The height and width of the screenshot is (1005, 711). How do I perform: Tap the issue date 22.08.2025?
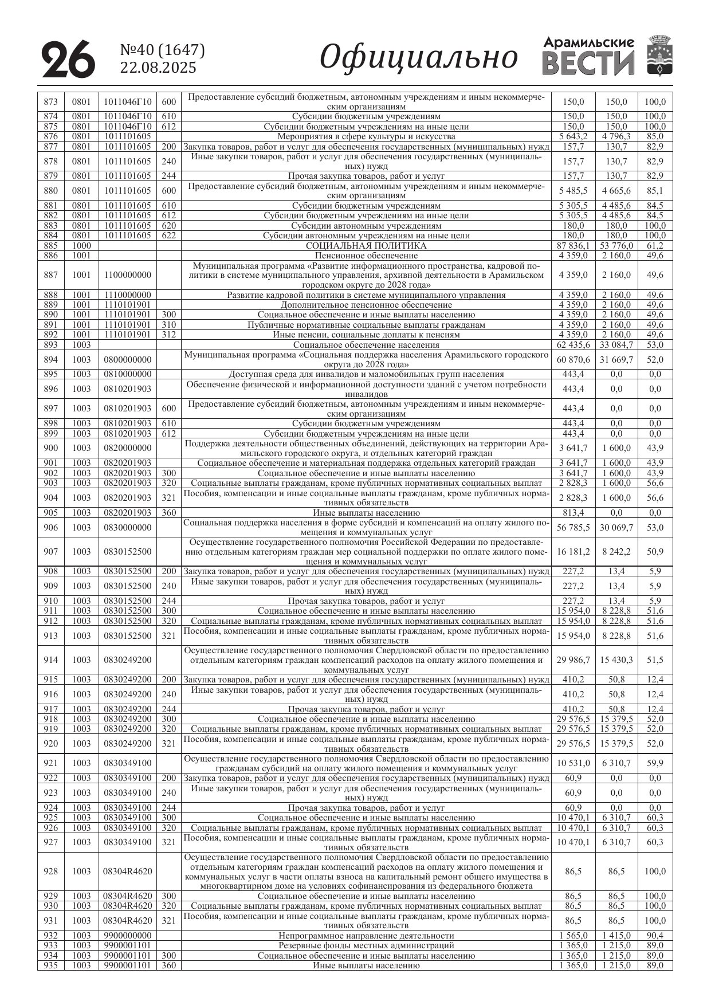click(x=158, y=68)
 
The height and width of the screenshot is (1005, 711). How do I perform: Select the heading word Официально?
click(x=418, y=57)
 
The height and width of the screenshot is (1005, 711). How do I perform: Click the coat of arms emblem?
click(x=659, y=56)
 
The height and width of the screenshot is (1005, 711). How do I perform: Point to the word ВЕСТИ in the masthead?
click(x=588, y=64)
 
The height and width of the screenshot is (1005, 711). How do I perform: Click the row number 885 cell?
click(x=50, y=245)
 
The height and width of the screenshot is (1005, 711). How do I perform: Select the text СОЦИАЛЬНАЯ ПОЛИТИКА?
click(x=366, y=245)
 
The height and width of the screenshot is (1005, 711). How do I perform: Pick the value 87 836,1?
click(x=573, y=245)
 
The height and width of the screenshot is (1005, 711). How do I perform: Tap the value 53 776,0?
click(x=616, y=245)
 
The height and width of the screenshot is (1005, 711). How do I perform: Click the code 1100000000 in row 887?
click(x=127, y=275)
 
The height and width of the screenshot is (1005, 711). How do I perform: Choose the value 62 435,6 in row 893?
click(x=573, y=345)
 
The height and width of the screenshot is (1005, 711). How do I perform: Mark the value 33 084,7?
click(x=616, y=345)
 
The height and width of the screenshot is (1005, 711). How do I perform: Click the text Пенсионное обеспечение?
click(x=366, y=256)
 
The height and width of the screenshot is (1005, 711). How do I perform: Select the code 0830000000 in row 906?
click(x=127, y=527)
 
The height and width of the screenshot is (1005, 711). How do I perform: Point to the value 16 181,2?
click(x=573, y=551)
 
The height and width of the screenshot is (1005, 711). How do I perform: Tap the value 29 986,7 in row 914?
click(x=573, y=659)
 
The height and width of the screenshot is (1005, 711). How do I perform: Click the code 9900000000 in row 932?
click(x=127, y=936)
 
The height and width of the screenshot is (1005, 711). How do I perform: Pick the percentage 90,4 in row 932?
click(x=655, y=936)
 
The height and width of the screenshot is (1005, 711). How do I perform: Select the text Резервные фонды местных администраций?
click(x=366, y=945)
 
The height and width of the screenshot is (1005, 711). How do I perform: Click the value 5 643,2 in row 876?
click(x=573, y=136)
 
